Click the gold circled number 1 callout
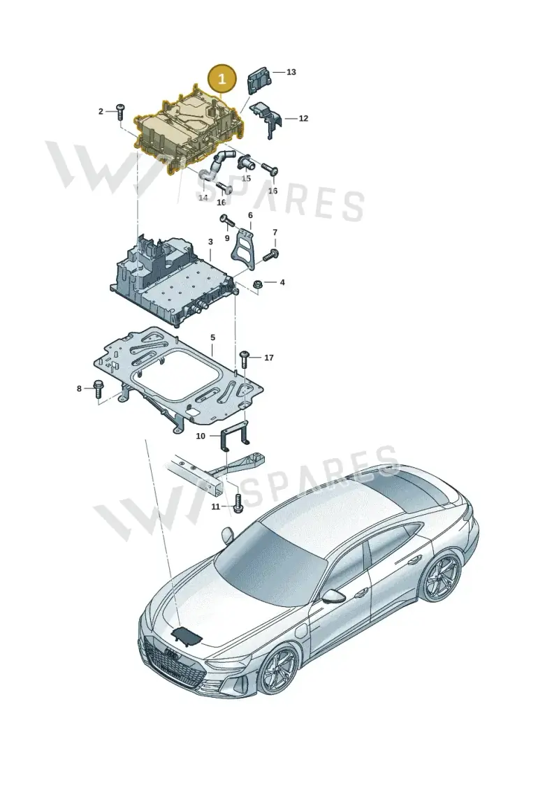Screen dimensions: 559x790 point(222,79)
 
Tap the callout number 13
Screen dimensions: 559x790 point(291,72)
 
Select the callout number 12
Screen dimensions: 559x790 point(303,119)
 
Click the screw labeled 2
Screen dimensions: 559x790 point(120,111)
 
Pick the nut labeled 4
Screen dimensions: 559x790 point(256,283)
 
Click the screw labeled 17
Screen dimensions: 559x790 point(245,358)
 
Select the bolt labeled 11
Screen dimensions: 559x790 point(238,504)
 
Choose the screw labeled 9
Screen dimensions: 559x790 point(228,221)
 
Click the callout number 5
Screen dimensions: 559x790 point(212,337)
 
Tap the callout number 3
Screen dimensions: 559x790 point(210,242)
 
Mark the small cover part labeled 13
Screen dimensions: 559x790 point(260,80)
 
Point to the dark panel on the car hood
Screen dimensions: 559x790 point(187,636)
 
